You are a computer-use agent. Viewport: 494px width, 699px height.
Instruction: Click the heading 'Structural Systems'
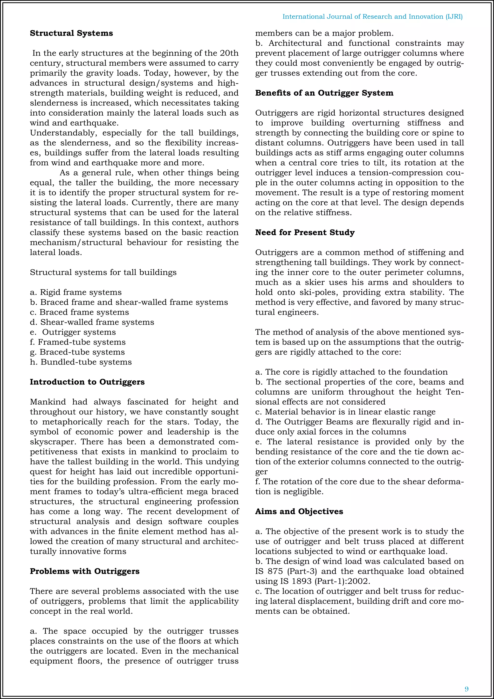pos(71,33)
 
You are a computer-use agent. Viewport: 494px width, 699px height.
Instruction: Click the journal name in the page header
pos(372,16)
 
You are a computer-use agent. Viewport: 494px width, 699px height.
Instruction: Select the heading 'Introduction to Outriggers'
pos(87,382)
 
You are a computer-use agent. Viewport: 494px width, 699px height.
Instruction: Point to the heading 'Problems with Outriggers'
pos(85,571)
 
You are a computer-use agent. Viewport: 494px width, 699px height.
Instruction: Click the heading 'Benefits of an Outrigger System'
pos(324,93)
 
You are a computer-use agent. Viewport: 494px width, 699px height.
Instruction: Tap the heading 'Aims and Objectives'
pos(299,511)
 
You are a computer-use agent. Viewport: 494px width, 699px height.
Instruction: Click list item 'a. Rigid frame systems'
pos(76,292)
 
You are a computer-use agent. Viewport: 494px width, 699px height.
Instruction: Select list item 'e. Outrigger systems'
pos(73,332)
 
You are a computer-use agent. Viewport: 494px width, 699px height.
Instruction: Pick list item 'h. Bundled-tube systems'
pos(81,362)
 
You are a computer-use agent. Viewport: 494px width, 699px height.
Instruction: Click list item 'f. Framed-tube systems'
pos(78,342)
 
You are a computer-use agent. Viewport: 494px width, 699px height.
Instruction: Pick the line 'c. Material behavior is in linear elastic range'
pos(345,412)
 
